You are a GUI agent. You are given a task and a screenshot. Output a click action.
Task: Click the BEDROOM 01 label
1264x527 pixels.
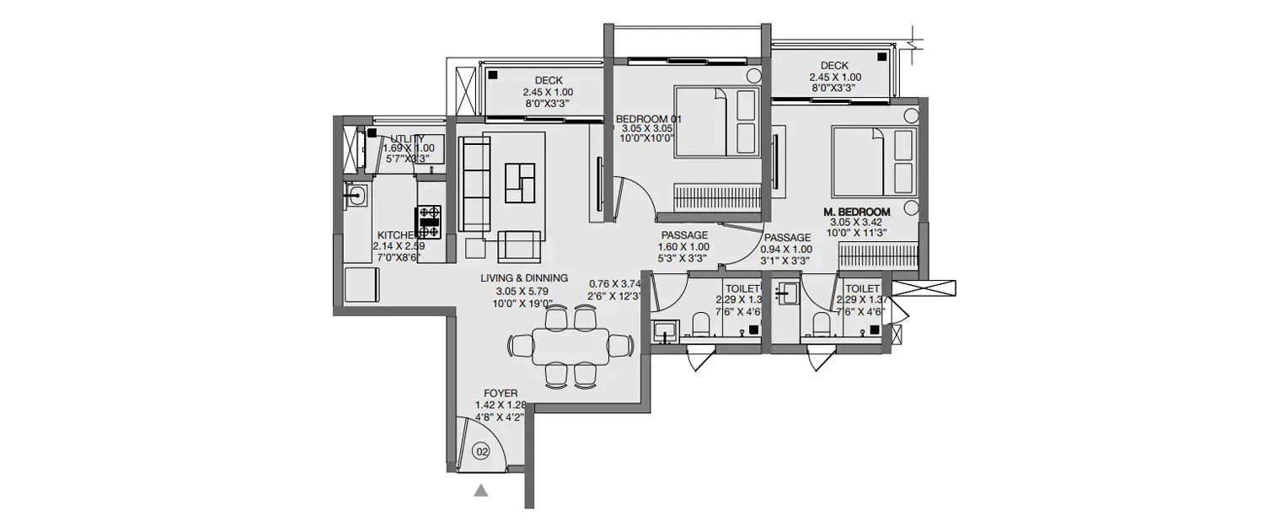pos(648,119)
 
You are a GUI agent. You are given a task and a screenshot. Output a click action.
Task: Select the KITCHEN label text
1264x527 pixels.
pos(397,235)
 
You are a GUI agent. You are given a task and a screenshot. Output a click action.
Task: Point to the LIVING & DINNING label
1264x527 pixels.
pos(524,277)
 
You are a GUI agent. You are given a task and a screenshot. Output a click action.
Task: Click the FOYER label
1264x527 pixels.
pos(501,394)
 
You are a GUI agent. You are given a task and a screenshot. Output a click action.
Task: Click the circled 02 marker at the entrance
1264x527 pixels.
pos(482,452)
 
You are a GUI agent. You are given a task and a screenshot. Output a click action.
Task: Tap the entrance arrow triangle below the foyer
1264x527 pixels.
pos(481,490)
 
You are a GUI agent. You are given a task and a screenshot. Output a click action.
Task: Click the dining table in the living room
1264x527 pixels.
pos(571,346)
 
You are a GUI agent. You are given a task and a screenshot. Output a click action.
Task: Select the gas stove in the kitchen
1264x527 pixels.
pos(429,221)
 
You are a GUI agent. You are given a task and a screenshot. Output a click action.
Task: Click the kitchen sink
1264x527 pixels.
pos(356,196)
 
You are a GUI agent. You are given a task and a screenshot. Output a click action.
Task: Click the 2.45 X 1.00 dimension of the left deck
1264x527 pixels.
pos(548,93)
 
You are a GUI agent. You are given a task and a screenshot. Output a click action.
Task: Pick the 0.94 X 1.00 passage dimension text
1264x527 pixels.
pos(785,250)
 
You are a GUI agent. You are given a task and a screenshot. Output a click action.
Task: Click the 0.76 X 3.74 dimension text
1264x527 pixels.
pos(615,283)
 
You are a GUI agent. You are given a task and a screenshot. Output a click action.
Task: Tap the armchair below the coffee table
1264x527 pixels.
pos(521,245)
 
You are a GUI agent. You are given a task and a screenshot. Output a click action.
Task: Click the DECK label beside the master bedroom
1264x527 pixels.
pos(833,65)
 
